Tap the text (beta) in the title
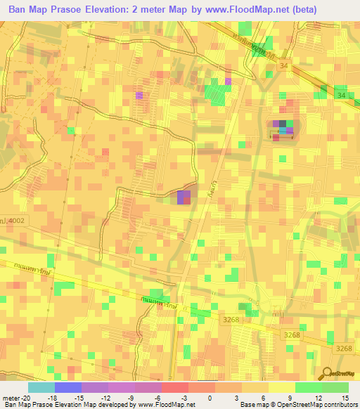[301, 10]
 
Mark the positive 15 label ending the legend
[345, 397]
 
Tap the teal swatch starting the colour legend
[41, 387]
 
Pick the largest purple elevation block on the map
[184, 197]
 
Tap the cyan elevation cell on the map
[283, 130]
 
